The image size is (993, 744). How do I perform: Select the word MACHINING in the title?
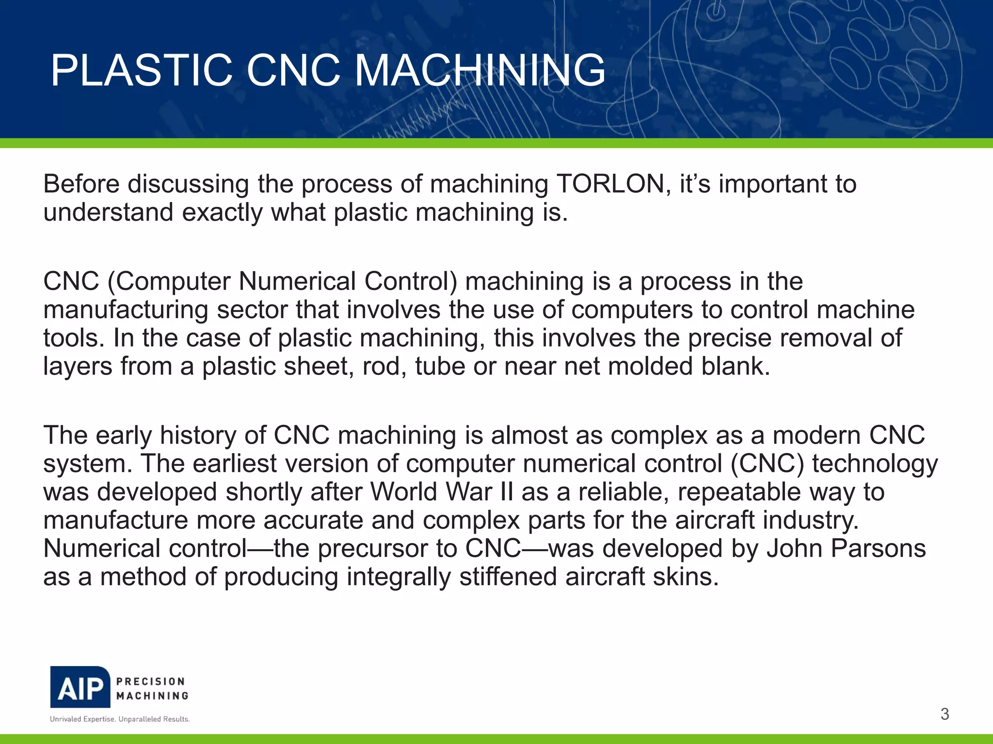coord(480,71)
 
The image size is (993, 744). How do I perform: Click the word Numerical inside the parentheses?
coord(297,282)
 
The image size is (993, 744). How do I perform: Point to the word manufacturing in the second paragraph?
coord(126,310)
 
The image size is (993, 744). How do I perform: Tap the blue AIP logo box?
coord(80,687)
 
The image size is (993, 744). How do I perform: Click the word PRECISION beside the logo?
coord(151,681)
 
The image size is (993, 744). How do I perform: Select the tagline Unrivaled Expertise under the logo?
coord(82,719)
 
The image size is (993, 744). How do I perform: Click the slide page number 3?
coord(945,714)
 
